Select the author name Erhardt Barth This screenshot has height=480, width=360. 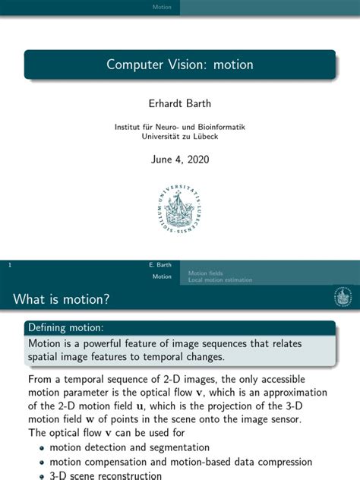tap(180, 102)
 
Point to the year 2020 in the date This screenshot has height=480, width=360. tap(196, 159)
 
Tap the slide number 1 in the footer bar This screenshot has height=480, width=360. tap(8, 266)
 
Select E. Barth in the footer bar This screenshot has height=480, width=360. tap(162, 266)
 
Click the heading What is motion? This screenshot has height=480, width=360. tap(62, 301)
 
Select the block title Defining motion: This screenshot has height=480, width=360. tap(65, 327)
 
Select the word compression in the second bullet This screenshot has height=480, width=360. tap(283, 462)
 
